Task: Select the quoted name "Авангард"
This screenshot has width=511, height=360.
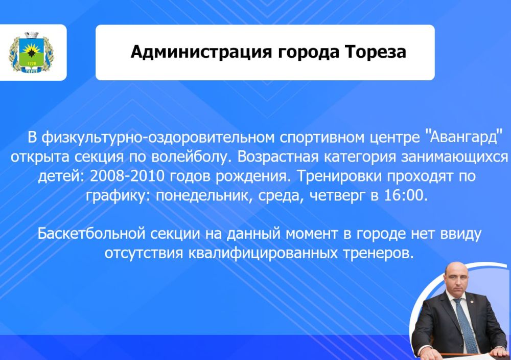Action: coord(463,138)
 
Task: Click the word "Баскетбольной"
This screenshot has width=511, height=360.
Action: coord(92,234)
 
